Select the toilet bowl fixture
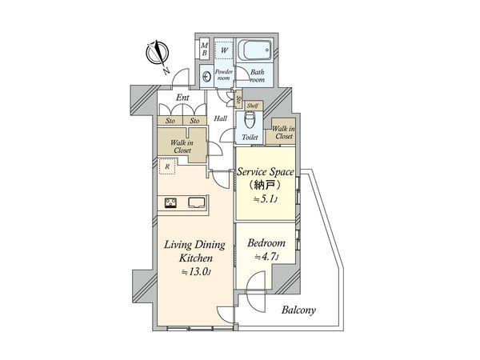click(x=250, y=120)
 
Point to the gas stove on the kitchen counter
click(x=170, y=203)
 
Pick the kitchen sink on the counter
click(x=197, y=203)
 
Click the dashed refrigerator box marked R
click(x=167, y=166)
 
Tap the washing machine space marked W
click(x=224, y=50)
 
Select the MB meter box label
click(x=204, y=49)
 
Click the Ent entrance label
click(x=182, y=98)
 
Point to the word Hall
click(x=221, y=118)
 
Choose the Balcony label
click(x=298, y=310)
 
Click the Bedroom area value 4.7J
click(x=266, y=257)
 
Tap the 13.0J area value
click(x=196, y=272)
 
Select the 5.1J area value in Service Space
click(x=266, y=199)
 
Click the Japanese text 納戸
click(x=265, y=186)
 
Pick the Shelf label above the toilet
click(x=253, y=106)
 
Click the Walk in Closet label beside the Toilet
click(x=283, y=132)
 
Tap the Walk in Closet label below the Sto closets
click(x=182, y=146)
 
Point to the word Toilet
click(x=250, y=138)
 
